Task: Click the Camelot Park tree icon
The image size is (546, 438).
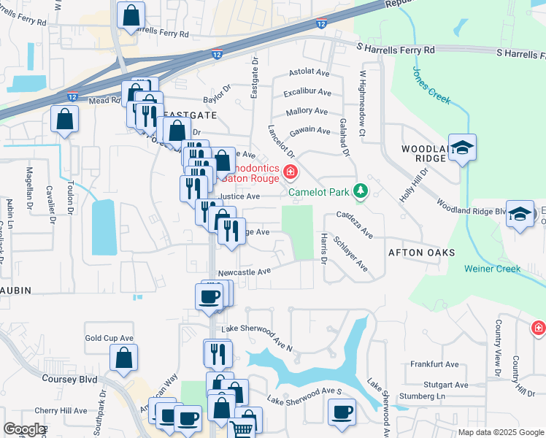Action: pos(359,191)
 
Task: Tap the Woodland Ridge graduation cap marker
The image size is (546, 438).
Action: pos(462,149)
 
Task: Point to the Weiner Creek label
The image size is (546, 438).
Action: pos(493,269)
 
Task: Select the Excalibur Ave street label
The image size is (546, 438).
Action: pos(308,93)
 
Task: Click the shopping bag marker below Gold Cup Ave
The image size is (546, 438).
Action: pos(124,358)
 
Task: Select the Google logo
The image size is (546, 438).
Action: pos(24,429)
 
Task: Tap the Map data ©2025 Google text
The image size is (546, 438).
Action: pos(500,432)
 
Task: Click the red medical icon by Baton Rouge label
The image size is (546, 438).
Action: pos(291,172)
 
